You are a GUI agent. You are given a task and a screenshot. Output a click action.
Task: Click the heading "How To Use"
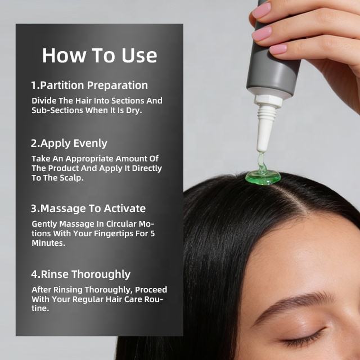point(100,55)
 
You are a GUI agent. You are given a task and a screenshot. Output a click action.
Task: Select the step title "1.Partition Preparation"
point(89,85)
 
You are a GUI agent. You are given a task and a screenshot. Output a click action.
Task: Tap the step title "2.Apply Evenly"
point(69,143)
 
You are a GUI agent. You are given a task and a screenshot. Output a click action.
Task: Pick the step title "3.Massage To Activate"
point(88,209)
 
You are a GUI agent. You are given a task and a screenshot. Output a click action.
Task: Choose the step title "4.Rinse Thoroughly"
point(81,274)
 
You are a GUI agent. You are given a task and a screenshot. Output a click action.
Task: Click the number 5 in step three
point(152,233)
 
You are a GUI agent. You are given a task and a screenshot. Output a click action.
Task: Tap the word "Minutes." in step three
point(48,243)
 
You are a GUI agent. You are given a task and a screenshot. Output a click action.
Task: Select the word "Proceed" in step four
point(151,290)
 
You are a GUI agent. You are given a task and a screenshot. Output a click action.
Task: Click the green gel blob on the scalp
point(263,177)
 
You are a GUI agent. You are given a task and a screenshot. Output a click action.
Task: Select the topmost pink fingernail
point(262,11)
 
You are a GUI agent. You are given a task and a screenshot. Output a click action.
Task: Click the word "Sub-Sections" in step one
point(57,110)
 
